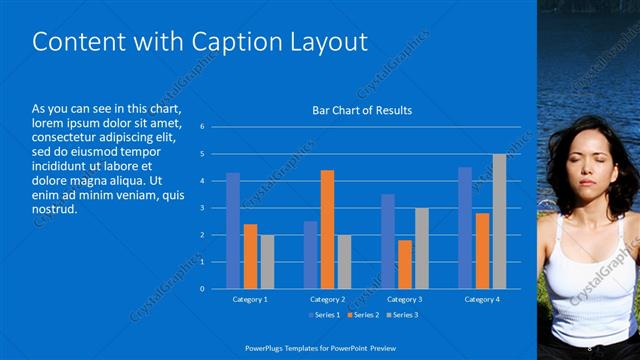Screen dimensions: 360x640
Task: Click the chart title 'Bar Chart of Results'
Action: [362, 110]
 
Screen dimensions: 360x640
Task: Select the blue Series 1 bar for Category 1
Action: [233, 230]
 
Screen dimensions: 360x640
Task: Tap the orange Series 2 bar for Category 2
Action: [327, 229]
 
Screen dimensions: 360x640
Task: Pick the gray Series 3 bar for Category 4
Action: [499, 221]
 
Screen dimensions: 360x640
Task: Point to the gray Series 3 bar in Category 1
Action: [267, 261]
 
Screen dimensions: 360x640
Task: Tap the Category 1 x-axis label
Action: [250, 299]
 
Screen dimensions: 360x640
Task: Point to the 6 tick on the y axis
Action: [202, 127]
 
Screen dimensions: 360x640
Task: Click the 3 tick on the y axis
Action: [202, 208]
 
